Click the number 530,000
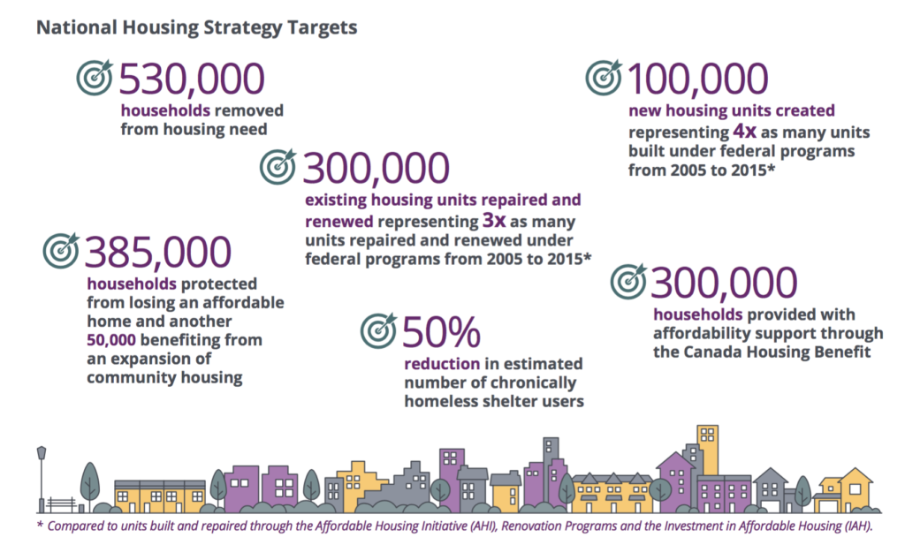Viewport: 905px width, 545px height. tap(191, 79)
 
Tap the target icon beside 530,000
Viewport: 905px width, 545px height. tap(94, 79)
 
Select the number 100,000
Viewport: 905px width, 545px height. tap(696, 79)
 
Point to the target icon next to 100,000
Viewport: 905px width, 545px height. tap(604, 78)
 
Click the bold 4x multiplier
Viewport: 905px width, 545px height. tap(745, 132)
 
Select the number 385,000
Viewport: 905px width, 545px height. tap(158, 254)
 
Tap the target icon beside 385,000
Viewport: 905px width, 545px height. tap(61, 252)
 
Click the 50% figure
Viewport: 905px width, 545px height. tap(441, 333)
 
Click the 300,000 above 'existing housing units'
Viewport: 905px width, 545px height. tap(376, 168)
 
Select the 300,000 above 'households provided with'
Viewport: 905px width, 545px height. tap(724, 283)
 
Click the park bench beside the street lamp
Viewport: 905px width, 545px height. tap(62, 504)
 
